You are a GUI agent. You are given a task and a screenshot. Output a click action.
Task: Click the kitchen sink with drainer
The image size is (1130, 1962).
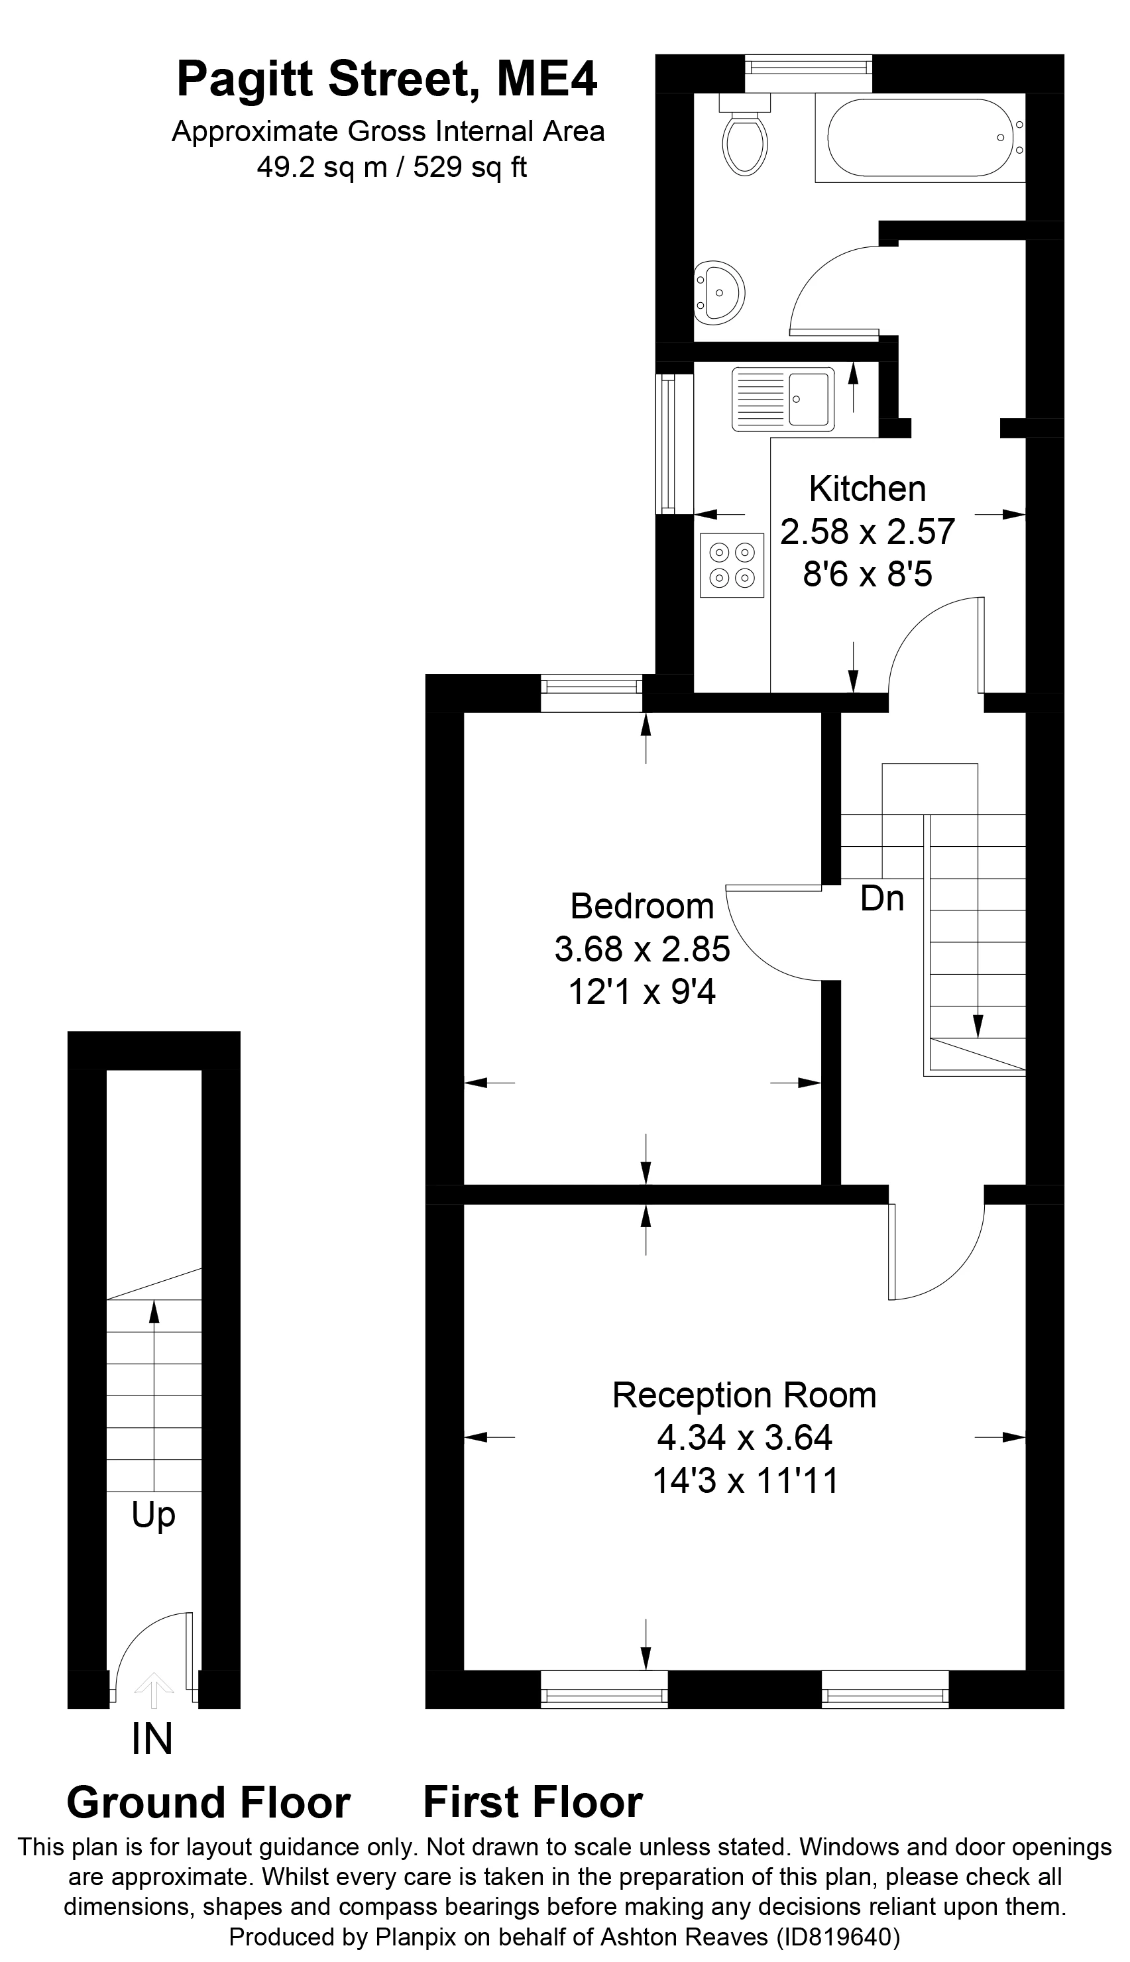pyautogui.click(x=782, y=399)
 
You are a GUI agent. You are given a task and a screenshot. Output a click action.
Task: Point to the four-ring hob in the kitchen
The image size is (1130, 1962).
pyautogui.click(x=732, y=565)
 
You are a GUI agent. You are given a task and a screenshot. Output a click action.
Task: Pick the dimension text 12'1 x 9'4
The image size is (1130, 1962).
pyautogui.click(x=642, y=991)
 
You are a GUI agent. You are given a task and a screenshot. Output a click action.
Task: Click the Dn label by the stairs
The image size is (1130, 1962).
pyautogui.click(x=882, y=899)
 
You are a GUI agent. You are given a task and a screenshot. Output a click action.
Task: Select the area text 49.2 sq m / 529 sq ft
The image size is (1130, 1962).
pyautogui.click(x=391, y=167)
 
